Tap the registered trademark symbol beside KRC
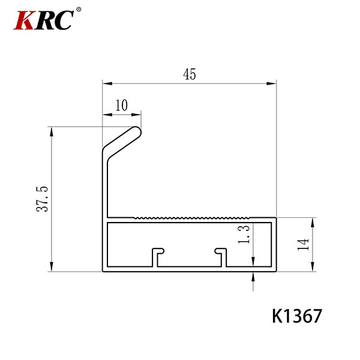click(79, 10)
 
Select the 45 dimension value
click(190, 74)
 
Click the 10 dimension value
click(121, 106)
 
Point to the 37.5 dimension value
click(42, 199)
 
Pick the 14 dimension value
click(303, 244)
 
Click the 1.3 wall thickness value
click(244, 234)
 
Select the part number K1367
click(297, 316)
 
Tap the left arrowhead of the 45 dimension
click(107, 83)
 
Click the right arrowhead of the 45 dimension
click(271, 83)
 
